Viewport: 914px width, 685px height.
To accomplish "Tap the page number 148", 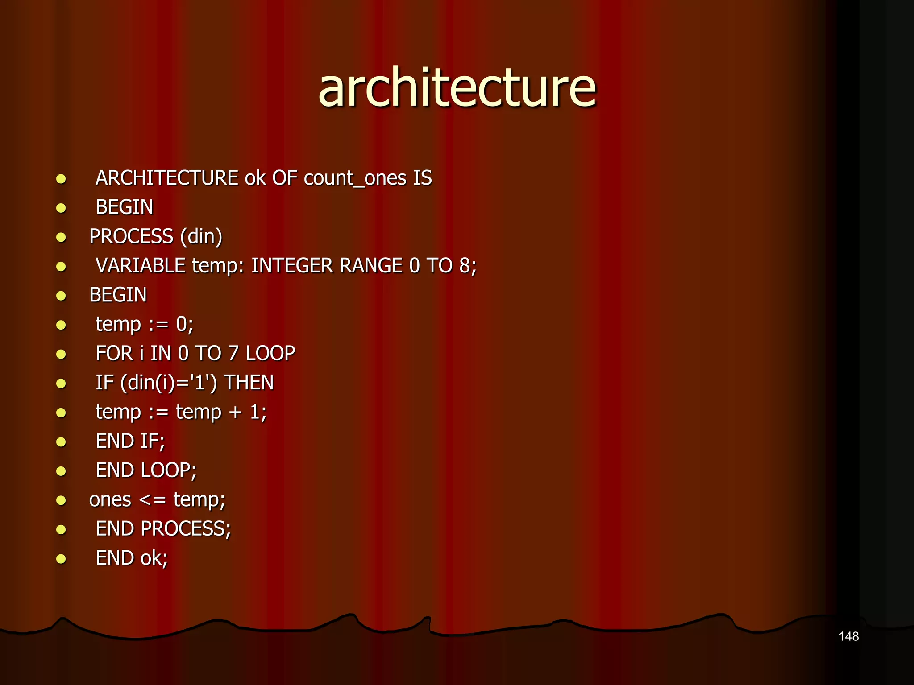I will tap(848, 636).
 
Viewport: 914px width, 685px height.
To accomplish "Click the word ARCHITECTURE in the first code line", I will tap(167, 178).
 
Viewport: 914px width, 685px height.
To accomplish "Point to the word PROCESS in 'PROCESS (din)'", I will tap(131, 236).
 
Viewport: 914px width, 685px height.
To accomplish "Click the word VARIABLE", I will tap(140, 266).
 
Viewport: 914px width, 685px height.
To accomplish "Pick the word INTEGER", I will tap(292, 266).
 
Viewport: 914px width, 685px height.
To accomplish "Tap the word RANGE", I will tap(371, 266).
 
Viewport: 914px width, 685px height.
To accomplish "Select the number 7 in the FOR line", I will tap(233, 353).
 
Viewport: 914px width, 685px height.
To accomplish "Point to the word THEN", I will tap(249, 383).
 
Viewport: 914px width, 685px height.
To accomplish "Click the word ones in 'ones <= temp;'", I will tap(110, 500).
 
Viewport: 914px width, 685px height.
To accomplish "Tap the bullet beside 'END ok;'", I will tap(61, 559).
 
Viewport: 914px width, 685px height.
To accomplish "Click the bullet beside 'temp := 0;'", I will tap(61, 325).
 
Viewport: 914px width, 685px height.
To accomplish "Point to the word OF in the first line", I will tap(285, 178).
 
